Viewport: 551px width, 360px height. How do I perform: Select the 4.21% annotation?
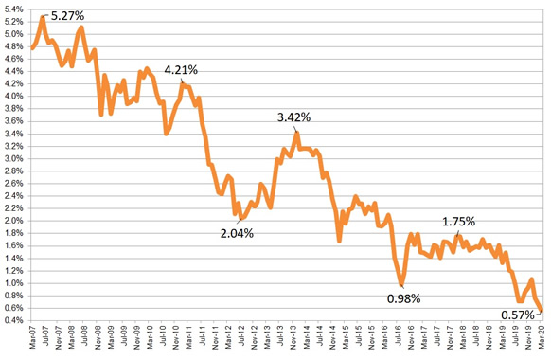coord(182,70)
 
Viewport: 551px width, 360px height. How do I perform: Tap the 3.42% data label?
coord(294,118)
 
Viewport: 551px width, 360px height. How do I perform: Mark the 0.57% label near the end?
coord(518,315)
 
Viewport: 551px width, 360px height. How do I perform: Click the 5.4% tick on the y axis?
coord(14,9)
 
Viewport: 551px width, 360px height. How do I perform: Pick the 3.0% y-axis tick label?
coord(14,158)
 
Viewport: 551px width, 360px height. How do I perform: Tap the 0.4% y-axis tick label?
coord(14,320)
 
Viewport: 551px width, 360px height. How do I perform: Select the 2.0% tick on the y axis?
coord(14,221)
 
